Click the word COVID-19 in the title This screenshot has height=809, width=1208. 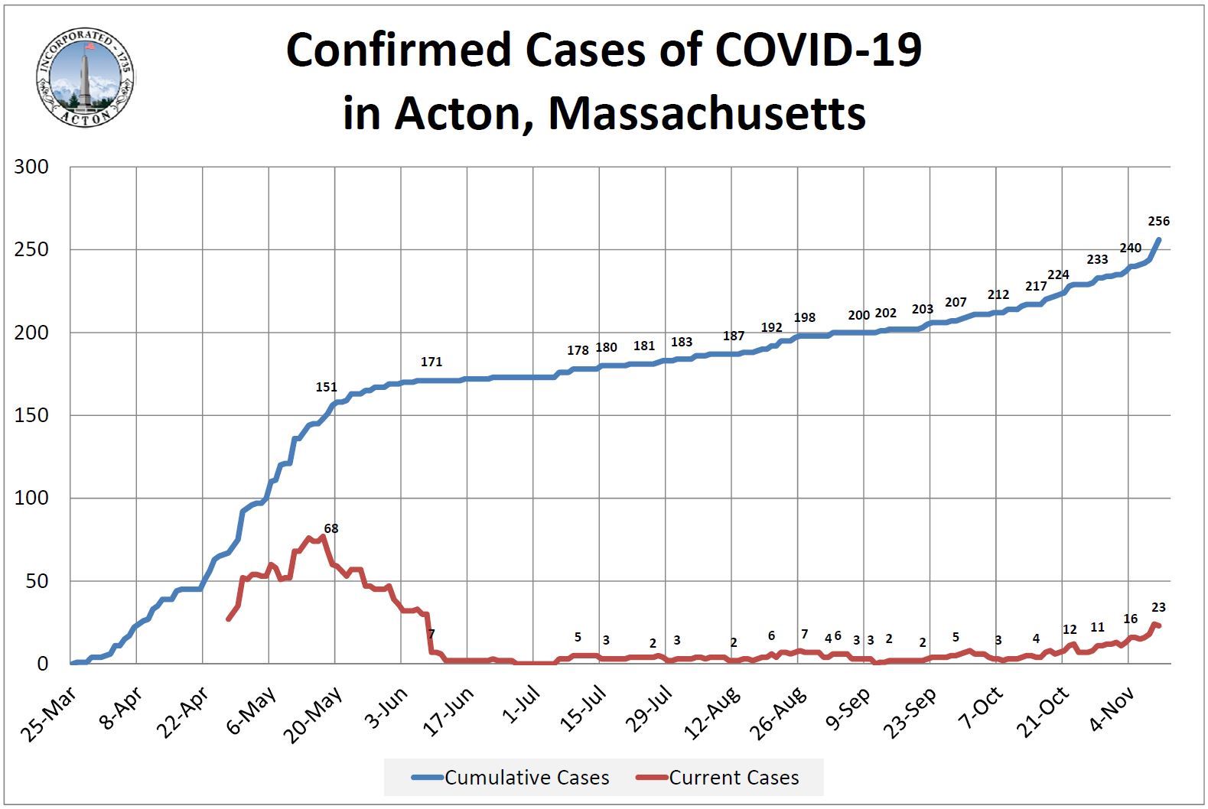(x=819, y=50)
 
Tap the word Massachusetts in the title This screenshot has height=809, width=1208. (x=707, y=113)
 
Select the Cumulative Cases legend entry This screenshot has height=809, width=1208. (x=511, y=778)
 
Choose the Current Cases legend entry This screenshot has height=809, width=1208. (x=718, y=778)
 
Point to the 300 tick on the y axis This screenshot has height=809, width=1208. (x=31, y=167)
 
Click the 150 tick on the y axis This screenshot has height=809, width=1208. (x=31, y=415)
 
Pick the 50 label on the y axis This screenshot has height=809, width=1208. (x=37, y=581)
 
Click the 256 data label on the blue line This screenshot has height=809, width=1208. (x=1159, y=222)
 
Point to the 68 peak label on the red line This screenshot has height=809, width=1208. (x=331, y=528)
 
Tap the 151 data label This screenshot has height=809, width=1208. (x=327, y=388)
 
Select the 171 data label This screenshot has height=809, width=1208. (x=431, y=362)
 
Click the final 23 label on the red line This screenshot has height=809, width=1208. (x=1158, y=608)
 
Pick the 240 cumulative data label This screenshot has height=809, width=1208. (x=1130, y=249)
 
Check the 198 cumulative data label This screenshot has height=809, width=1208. (x=805, y=317)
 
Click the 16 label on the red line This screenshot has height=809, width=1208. (x=1130, y=619)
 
